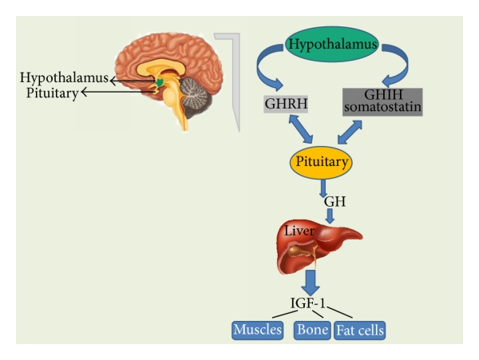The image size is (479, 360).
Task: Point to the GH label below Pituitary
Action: click(334, 202)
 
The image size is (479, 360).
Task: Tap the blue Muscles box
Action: click(257, 329)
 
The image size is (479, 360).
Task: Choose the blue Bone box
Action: click(311, 329)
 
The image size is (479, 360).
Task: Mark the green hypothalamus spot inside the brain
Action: click(161, 81)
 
